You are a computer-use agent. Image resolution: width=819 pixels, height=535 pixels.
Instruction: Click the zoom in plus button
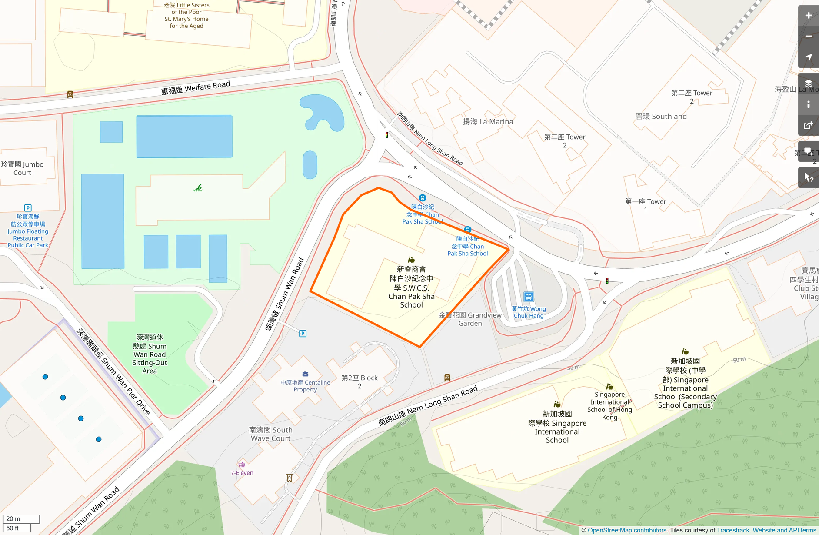tap(808, 16)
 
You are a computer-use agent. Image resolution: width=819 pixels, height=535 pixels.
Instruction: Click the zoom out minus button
tap(808, 37)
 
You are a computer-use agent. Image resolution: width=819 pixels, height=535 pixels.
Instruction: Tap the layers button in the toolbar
tap(808, 84)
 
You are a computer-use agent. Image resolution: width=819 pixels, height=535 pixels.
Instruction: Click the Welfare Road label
tap(196, 87)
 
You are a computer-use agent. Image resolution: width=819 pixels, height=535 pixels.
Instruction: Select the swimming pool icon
tap(198, 188)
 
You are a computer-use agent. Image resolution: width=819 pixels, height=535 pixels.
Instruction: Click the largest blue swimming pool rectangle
tap(184, 137)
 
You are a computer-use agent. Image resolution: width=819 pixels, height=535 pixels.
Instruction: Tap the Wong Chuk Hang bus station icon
tap(529, 297)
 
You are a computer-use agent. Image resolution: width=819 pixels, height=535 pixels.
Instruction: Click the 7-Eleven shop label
tap(242, 472)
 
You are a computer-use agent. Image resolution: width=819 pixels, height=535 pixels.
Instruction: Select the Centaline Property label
tap(305, 386)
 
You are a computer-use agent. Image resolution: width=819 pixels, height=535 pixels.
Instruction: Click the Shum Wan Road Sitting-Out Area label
tap(150, 354)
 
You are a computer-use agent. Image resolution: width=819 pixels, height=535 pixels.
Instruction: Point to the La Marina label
tap(488, 122)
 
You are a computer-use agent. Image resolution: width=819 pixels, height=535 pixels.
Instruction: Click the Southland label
tap(661, 117)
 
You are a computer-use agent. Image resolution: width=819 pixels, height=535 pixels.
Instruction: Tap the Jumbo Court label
tap(23, 168)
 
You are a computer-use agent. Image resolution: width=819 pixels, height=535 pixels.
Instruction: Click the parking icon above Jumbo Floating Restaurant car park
tap(28, 208)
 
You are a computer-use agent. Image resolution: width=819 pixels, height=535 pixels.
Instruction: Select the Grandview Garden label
tap(470, 319)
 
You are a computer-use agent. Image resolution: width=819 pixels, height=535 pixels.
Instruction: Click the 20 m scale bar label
tap(13, 518)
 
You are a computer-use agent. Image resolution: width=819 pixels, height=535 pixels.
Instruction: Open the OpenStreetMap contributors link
tap(627, 530)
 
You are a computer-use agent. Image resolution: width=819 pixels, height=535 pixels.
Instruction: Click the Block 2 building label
tap(360, 381)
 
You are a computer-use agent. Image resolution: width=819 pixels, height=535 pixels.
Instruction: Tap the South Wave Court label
tap(270, 434)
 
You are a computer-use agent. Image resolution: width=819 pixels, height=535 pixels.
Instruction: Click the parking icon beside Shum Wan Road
tap(303, 334)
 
